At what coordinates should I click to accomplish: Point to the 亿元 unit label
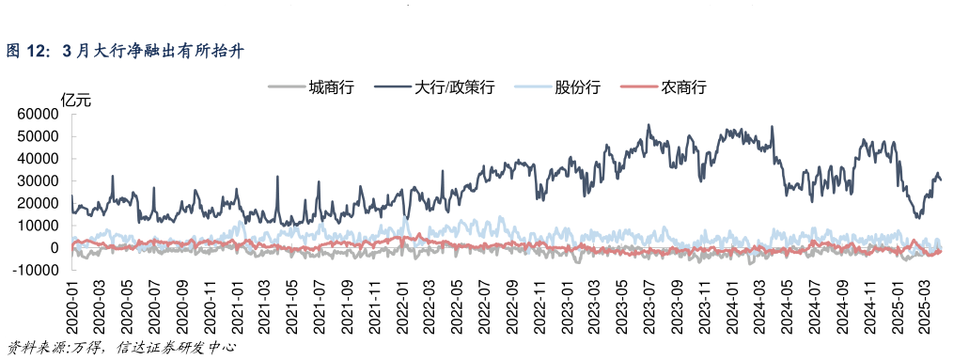tap(76, 100)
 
